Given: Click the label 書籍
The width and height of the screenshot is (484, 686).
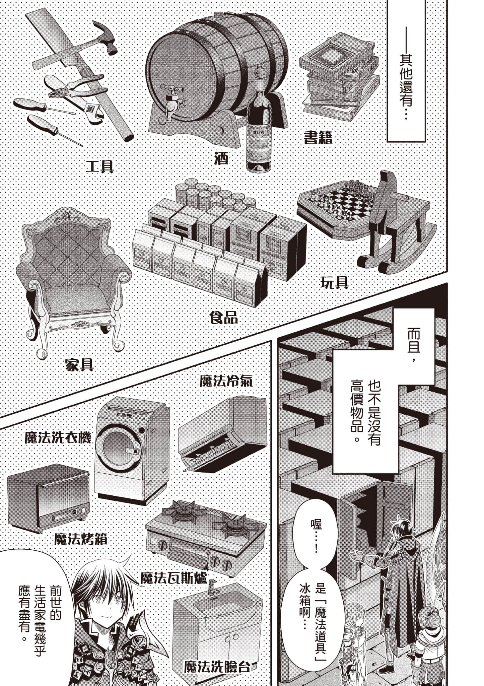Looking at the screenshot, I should (x=318, y=137).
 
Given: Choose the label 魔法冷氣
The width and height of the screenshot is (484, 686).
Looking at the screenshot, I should (x=226, y=381).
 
